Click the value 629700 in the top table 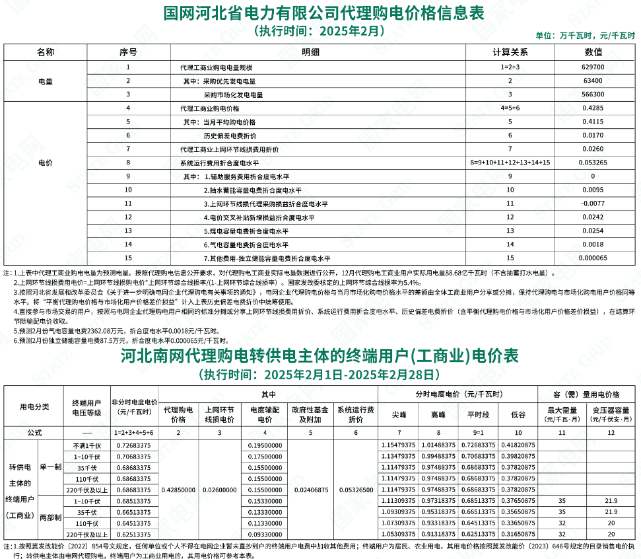tap(593, 67)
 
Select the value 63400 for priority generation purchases tap(593, 81)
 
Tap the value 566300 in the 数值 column tap(593, 94)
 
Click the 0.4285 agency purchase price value tap(593, 108)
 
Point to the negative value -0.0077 tap(593, 204)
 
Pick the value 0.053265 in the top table tap(593, 162)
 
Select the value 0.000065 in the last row tap(593, 258)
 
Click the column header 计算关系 tap(510, 52)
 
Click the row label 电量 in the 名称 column tap(45, 81)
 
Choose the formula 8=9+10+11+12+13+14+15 tap(510, 162)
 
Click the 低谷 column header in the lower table tap(518, 414)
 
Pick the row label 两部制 tap(50, 517)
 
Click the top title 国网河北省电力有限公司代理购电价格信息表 tap(323, 13)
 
